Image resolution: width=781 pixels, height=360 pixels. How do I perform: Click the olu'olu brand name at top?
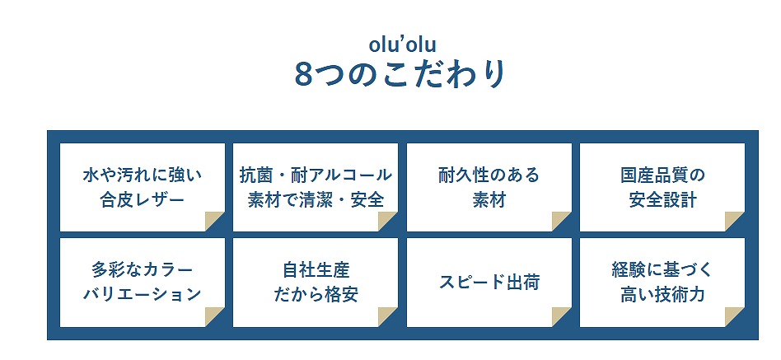[403, 44]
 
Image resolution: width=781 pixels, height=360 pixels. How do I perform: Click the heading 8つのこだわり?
[401, 75]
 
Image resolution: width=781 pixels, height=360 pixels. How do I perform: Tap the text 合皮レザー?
[143, 200]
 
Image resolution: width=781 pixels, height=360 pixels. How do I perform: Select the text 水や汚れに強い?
[143, 175]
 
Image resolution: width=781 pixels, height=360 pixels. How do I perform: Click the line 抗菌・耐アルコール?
[316, 175]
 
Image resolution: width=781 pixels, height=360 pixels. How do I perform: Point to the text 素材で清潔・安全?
[316, 200]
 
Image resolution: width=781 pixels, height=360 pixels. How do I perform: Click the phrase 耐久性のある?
[489, 175]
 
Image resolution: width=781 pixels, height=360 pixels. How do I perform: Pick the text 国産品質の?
[662, 175]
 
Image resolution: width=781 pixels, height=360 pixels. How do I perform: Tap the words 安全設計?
[662, 200]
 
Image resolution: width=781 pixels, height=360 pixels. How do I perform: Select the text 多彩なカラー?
[143, 270]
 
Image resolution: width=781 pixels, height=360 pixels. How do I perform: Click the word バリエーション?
[143, 295]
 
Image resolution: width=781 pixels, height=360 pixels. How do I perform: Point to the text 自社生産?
[316, 270]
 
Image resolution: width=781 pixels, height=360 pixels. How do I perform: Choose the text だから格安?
[316, 295]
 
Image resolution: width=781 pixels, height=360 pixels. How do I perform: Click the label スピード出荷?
[489, 283]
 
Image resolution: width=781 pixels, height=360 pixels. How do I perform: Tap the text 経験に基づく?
[662, 270]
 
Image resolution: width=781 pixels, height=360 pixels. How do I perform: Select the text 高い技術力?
[662, 295]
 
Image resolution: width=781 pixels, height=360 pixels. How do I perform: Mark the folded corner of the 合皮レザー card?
[213, 220]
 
